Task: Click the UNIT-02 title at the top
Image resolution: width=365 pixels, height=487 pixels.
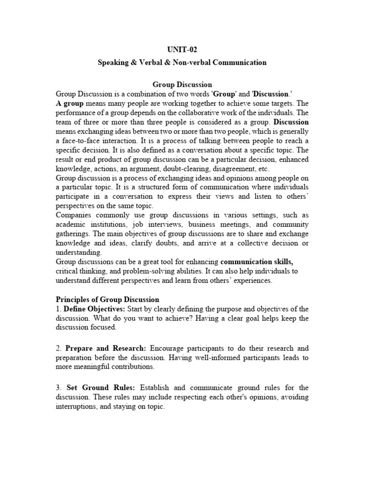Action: pos(182,49)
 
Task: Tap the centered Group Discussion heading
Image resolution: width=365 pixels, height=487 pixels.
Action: pos(182,85)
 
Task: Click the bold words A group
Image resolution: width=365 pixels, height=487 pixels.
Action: pos(70,103)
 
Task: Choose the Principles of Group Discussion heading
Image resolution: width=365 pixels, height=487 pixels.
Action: pos(108,300)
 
